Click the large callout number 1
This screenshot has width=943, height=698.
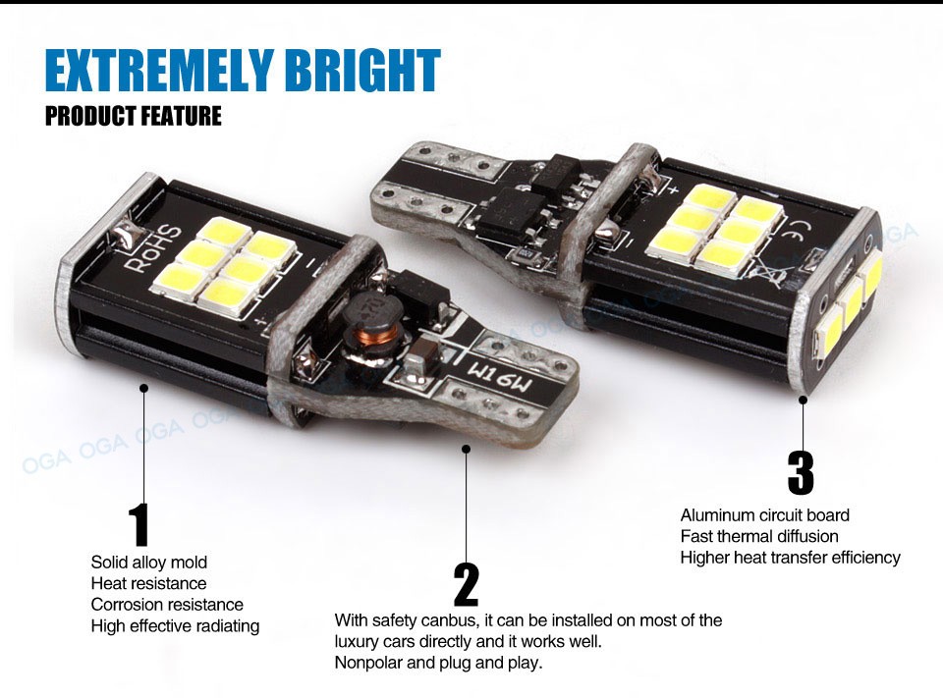click(139, 525)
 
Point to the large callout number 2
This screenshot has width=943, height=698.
click(466, 584)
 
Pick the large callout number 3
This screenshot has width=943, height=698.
click(801, 472)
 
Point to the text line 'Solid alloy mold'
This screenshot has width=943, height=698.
click(149, 563)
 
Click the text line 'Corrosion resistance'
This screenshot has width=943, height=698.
click(167, 605)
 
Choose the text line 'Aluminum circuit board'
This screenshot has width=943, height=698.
click(765, 515)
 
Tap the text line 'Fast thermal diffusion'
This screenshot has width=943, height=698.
click(759, 536)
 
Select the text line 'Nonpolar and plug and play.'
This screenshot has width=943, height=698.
click(438, 663)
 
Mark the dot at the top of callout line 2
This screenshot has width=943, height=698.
click(466, 449)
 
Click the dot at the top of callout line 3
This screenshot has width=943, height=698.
click(803, 400)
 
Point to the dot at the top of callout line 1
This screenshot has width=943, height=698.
click(143, 389)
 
